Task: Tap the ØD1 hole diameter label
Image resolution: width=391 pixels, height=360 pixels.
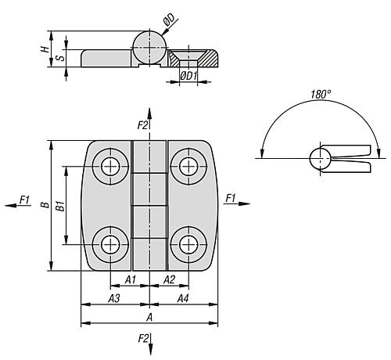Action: pos(188,76)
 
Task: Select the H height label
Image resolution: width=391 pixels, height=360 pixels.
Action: pos(45,49)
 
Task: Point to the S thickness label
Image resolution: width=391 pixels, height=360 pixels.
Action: pos(61,57)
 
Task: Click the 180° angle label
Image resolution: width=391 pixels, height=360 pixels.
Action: pos(321,94)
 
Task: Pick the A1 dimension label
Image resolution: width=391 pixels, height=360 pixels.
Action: pos(131,279)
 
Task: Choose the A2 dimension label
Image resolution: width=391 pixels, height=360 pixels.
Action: pos(169,279)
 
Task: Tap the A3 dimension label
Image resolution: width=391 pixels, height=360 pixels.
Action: pos(114,298)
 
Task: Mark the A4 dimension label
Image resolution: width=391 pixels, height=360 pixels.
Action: pos(183,298)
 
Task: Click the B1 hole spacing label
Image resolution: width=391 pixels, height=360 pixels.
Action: pos(60,206)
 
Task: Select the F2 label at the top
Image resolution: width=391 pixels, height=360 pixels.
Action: pos(142,125)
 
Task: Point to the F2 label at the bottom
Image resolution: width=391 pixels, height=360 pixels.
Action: pos(143,339)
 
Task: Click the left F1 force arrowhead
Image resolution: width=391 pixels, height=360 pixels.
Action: pos(10,206)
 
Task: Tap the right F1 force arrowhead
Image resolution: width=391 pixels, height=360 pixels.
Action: pos(244,203)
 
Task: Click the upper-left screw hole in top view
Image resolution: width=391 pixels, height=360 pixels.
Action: pos(110,167)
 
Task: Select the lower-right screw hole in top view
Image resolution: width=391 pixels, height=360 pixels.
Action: pos(188,245)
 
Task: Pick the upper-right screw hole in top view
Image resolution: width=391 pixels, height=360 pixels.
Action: pos(188,167)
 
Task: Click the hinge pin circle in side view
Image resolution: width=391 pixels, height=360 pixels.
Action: pos(149,48)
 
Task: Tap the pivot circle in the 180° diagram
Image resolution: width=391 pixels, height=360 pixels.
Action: pos(320,158)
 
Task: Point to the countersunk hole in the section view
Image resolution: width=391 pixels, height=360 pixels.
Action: pos(188,59)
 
